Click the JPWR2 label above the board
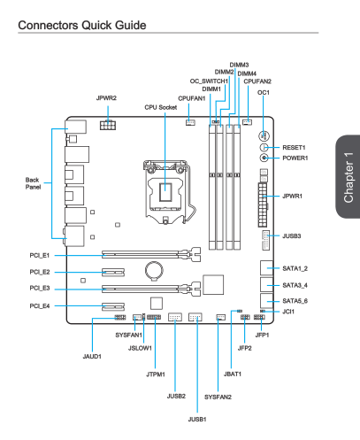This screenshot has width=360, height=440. pos(106,98)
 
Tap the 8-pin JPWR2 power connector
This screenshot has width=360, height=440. pos(108,125)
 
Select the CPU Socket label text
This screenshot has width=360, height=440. pos(161,107)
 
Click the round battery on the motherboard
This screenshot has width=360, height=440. pos(154,270)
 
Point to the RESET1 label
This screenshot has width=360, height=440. pos(294,148)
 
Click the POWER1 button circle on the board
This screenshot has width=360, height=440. pos(264,158)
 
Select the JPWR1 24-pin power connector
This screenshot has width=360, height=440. pos(263,205)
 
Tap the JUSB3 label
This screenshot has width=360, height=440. pos(292,236)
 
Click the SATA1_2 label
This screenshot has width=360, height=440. pos(295,268)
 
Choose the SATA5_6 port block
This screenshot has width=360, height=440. pos(267,301)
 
